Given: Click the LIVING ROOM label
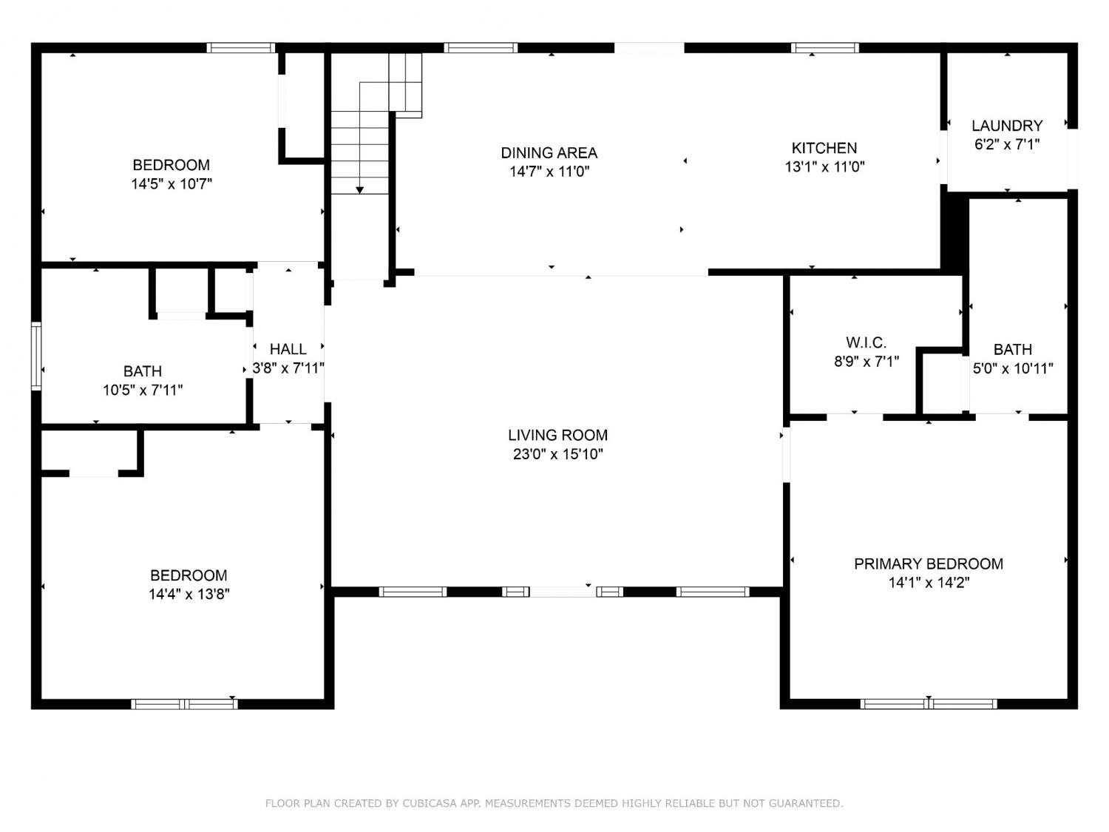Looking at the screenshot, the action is (557, 435).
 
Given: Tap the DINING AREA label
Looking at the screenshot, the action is (549, 152).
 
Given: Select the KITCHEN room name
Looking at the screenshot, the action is (824, 148).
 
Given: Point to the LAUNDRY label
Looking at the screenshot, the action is (1007, 125).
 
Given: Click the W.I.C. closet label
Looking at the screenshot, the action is (866, 342).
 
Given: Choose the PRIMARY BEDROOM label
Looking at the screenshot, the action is (929, 564).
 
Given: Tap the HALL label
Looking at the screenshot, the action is (288, 349).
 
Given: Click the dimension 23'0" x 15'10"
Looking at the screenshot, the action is (557, 454).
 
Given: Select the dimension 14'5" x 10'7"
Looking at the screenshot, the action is (172, 184).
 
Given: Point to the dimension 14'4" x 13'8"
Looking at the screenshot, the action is (189, 594).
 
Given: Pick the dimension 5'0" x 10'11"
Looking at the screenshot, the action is (1012, 368).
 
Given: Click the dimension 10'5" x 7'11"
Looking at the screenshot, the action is (143, 390).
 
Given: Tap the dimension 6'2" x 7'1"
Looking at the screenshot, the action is (1007, 144).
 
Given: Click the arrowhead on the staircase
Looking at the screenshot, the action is (360, 190).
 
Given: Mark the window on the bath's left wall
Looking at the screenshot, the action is (36, 356).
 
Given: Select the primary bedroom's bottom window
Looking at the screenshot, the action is (929, 704).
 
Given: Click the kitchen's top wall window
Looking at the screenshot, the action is (824, 48).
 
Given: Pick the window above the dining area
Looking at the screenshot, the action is (481, 48).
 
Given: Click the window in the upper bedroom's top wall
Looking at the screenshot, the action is (241, 48).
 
